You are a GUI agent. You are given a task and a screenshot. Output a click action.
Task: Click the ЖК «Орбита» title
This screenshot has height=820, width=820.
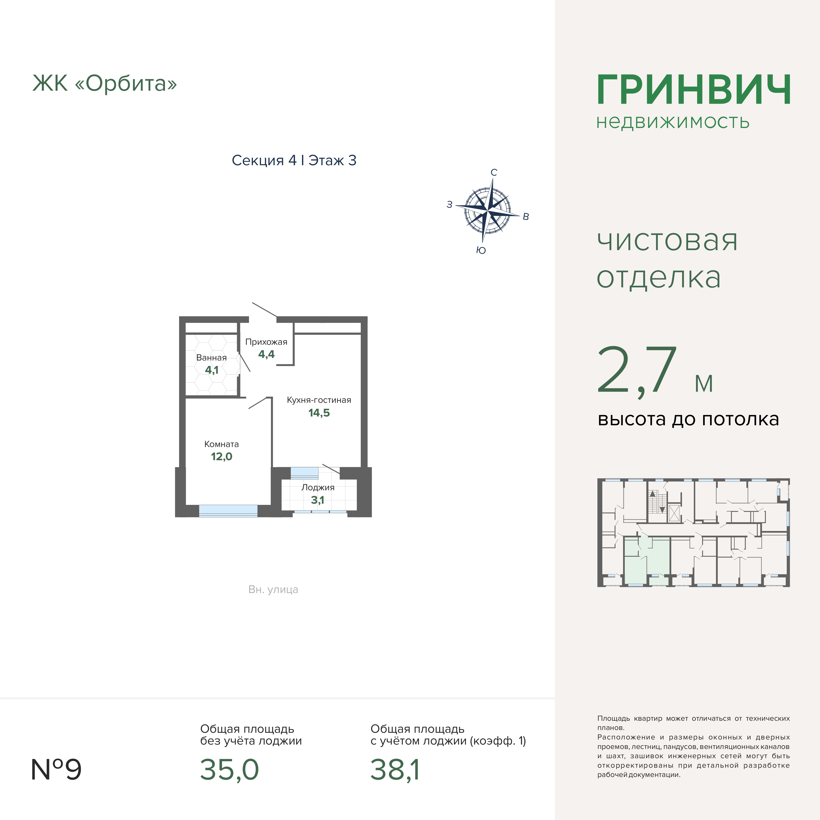point(104,83)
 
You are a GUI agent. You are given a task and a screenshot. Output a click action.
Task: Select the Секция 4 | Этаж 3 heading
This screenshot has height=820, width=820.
point(294,160)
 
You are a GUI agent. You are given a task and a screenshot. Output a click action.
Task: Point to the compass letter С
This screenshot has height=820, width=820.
point(494,172)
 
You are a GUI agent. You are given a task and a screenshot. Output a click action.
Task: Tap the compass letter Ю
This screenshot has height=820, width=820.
point(481,250)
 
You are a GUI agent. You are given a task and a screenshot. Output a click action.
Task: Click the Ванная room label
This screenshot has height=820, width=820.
point(211,358)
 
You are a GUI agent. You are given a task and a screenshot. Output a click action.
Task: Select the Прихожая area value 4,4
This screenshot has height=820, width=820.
point(267,354)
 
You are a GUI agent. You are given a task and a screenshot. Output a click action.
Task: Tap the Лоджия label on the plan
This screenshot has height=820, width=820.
point(318,488)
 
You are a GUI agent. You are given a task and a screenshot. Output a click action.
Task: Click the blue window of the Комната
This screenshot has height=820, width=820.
point(228,511)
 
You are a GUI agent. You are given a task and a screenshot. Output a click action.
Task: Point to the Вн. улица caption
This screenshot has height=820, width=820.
point(273,590)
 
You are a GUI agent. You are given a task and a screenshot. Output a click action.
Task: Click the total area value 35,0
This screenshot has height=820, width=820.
point(229,770)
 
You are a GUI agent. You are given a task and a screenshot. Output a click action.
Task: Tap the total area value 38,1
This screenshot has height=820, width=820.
point(395,770)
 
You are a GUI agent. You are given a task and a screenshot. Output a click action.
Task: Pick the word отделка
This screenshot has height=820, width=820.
point(659,278)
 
